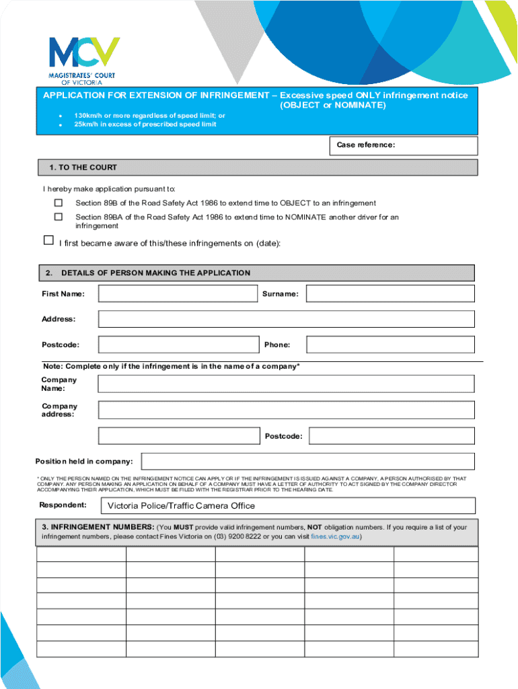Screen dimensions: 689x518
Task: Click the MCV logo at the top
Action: pos(84,57)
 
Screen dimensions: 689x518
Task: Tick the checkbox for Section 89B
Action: pos(59,203)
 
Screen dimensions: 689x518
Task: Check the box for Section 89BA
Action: pos(59,217)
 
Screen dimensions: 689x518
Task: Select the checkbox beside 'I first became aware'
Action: pos(48,240)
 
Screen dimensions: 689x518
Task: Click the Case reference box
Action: pos(437,146)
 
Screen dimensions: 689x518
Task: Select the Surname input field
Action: pos(390,293)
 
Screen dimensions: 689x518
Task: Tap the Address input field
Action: pos(286,319)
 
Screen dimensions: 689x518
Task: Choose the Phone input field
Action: pos(390,344)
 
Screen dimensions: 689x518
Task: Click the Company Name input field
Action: pos(286,384)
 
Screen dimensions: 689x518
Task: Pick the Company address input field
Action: pos(286,410)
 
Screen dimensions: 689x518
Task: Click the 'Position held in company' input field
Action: pos(308,461)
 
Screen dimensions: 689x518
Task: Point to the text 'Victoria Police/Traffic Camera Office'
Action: pos(182,506)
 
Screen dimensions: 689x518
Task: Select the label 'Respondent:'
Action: pos(63,505)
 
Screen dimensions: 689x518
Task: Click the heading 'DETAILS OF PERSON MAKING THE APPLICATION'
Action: pos(155,273)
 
